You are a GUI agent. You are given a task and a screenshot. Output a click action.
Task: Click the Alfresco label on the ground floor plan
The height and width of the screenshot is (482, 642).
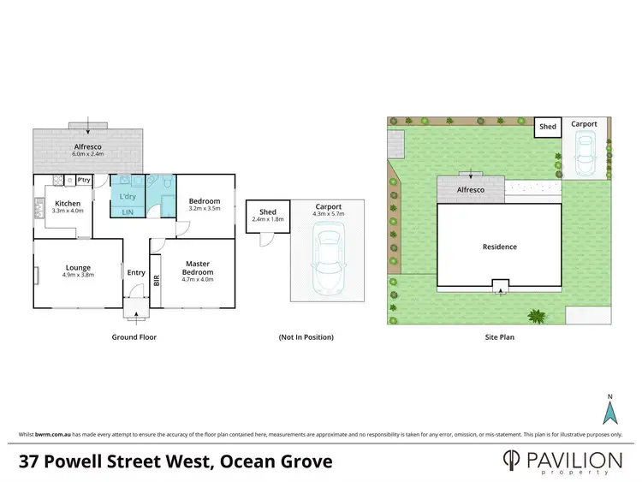(89, 146)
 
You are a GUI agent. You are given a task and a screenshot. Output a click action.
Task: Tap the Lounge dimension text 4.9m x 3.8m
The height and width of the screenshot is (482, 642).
(78, 275)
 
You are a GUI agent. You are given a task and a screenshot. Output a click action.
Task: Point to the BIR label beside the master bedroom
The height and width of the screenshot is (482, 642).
(156, 279)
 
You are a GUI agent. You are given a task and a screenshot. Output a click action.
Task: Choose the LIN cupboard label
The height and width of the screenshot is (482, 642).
(127, 211)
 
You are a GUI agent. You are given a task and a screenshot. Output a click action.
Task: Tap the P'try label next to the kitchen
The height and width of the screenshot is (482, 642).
(84, 181)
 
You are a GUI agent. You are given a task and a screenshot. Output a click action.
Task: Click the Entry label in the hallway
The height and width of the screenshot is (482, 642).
(136, 272)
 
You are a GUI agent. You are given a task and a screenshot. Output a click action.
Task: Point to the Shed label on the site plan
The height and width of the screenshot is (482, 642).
(547, 127)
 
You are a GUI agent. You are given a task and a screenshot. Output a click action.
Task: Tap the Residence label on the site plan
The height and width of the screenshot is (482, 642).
(499, 247)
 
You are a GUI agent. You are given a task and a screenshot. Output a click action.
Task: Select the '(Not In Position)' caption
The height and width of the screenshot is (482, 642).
(306, 337)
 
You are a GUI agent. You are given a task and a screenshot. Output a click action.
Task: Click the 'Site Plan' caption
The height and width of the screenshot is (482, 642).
(499, 337)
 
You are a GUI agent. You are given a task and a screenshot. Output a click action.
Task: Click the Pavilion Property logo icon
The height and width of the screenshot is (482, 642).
(511, 461)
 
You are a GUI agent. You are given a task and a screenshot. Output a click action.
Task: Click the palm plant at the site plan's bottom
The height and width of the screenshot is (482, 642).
(537, 317)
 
